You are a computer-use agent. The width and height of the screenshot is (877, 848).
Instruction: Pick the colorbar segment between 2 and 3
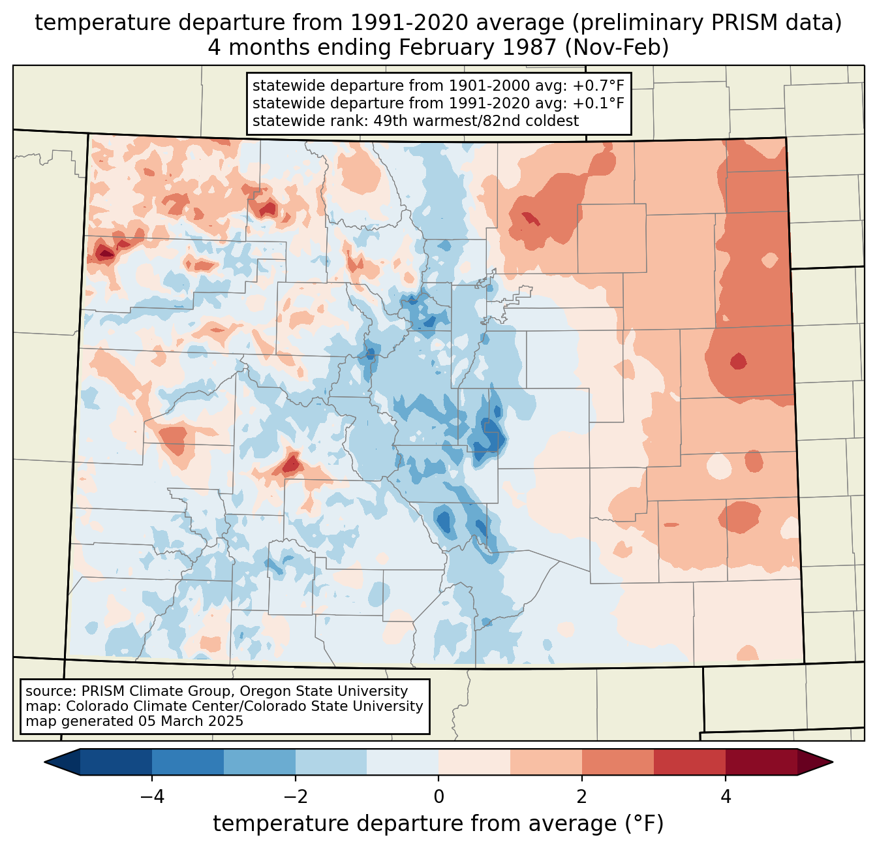(617, 762)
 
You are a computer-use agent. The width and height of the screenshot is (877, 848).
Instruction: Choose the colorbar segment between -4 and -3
(188, 762)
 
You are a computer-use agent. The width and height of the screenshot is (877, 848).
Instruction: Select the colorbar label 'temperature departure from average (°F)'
(438, 824)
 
